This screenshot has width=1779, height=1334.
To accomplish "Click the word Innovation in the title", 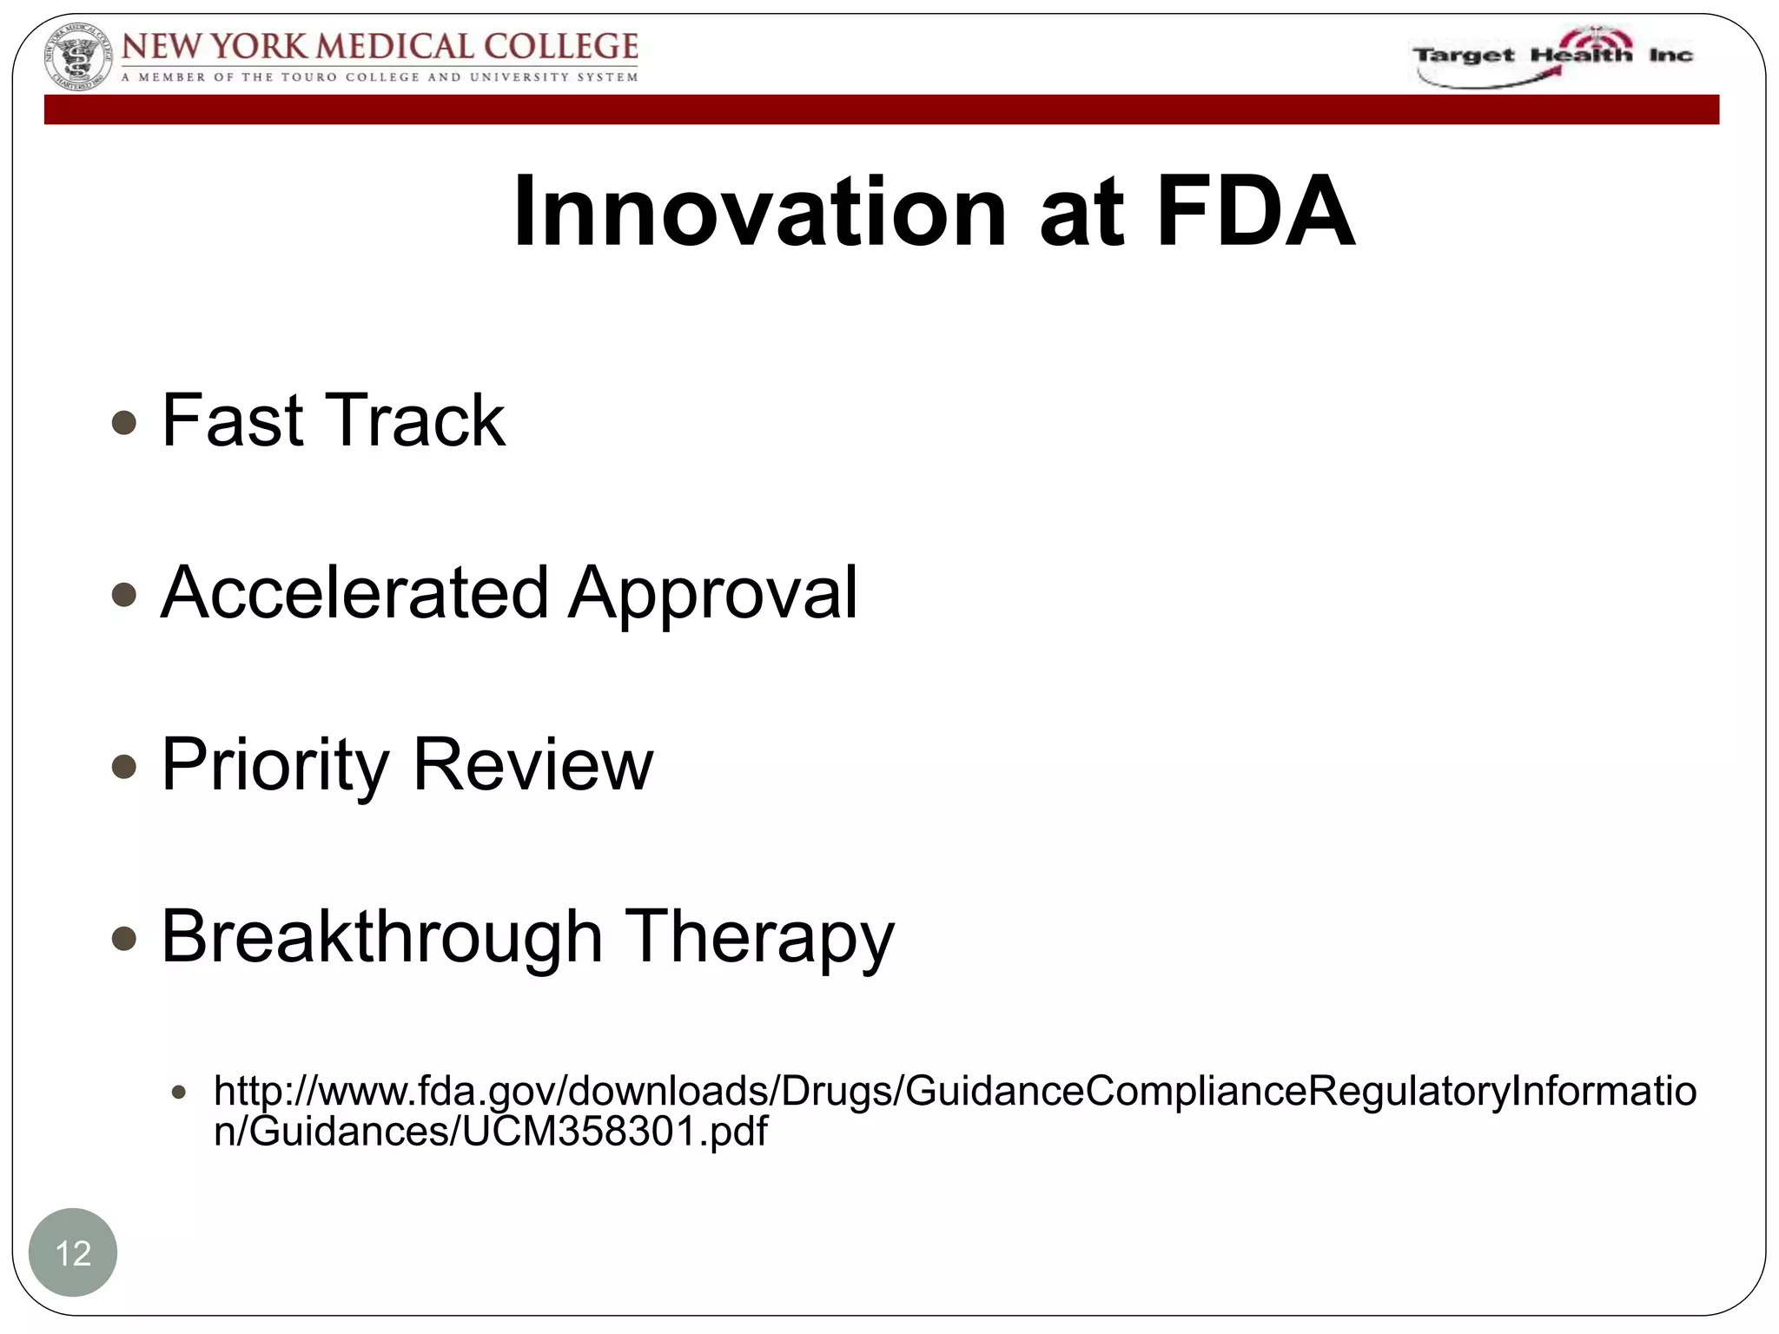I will point(759,212).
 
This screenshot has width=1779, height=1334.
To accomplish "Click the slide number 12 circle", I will point(73,1252).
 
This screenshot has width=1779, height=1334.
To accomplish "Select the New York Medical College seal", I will point(78,60).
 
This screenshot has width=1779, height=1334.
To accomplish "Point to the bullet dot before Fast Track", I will point(125,423).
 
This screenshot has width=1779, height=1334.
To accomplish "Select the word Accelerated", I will point(354,592).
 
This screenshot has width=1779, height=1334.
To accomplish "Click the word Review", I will point(532,764).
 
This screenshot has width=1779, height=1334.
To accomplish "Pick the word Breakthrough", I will point(382,936).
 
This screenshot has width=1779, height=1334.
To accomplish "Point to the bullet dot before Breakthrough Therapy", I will point(125,939).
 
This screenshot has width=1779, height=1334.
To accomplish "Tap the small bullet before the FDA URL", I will point(179,1093).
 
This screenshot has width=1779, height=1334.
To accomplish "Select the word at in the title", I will point(1081,214).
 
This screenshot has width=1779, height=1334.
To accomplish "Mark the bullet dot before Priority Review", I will point(125,767).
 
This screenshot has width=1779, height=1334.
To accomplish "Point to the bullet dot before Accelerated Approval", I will point(125,595).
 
